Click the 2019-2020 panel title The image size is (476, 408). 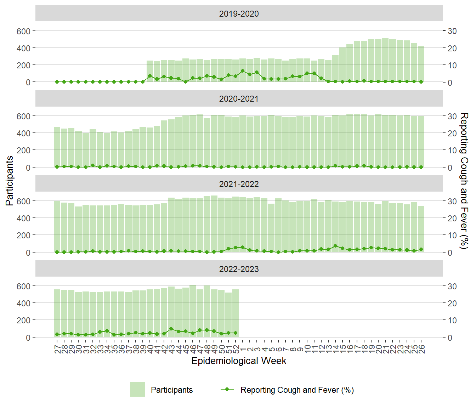coord(239,14)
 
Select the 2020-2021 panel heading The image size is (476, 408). coord(239,99)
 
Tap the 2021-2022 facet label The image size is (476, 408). coord(239,184)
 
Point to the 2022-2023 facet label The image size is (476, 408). coord(239,269)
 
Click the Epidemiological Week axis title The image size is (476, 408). coord(239,361)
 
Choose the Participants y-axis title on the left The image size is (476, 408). coord(10,181)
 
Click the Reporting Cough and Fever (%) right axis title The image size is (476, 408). coord(464,181)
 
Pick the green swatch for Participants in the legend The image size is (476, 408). coord(137,389)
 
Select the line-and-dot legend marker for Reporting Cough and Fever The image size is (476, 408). coord(227,389)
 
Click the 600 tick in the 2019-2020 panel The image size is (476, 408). coord(23,31)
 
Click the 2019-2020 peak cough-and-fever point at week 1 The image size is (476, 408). coord(243,71)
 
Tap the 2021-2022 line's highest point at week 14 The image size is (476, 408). coord(335,246)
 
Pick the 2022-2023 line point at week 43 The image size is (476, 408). coord(171,329)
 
